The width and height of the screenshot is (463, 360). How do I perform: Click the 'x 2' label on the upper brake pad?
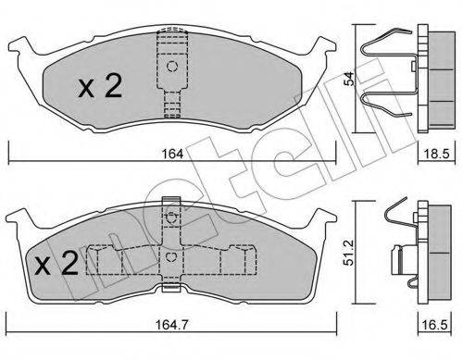[100, 89]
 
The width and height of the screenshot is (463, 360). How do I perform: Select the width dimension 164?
[169, 154]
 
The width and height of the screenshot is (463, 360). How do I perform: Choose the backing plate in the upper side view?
[419, 79]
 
